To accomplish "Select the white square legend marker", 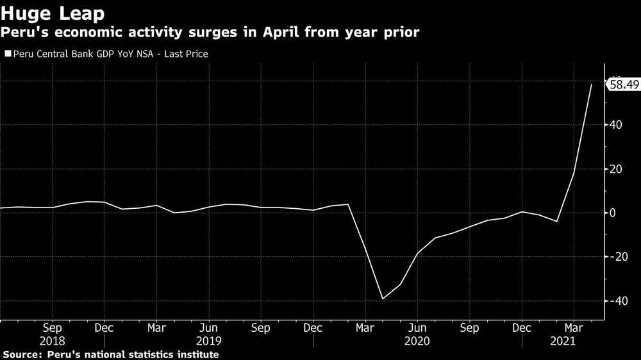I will (7, 54).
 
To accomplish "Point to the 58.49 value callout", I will (623, 84).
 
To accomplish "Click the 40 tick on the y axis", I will (616, 125).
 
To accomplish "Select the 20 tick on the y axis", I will (616, 169).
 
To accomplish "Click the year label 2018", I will (52, 341).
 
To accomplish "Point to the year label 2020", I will (417, 341).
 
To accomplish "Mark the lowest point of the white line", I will (383, 299).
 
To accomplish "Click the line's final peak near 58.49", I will (591, 84).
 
